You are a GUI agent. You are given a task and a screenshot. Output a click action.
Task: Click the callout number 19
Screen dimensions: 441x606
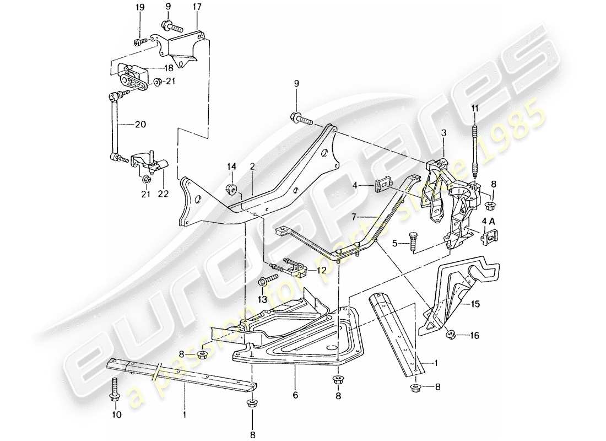(140, 7)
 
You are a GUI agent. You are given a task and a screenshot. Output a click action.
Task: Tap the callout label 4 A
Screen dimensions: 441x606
(488, 222)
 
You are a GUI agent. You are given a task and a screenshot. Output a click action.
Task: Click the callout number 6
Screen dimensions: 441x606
(295, 396)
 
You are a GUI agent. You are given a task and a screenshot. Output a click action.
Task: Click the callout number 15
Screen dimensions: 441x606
(475, 304)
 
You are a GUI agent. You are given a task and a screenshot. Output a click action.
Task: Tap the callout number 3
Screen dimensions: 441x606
(442, 133)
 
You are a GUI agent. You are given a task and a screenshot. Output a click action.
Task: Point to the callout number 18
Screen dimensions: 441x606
(167, 67)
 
